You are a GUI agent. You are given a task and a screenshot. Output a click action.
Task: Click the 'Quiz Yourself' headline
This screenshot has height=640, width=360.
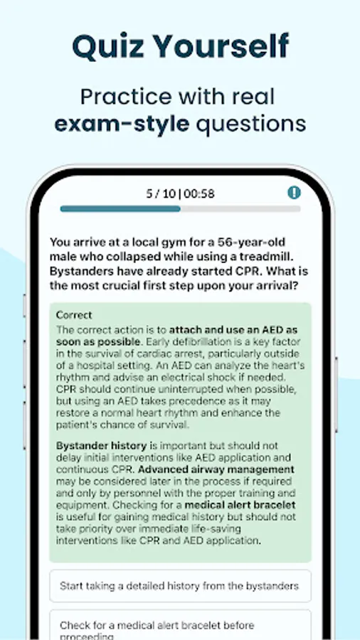pos(180,46)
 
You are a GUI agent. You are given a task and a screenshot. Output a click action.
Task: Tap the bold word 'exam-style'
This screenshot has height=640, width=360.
pos(122,123)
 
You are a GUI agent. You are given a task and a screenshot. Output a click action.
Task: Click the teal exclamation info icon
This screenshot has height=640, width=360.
pos(294,193)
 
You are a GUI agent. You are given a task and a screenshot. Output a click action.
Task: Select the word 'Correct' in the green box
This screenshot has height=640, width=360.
pos(74,315)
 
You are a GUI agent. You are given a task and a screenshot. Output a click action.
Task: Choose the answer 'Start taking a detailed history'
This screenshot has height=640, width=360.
pos(179,586)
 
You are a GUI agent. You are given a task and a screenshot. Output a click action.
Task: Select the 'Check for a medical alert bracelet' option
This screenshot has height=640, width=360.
pos(157,626)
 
